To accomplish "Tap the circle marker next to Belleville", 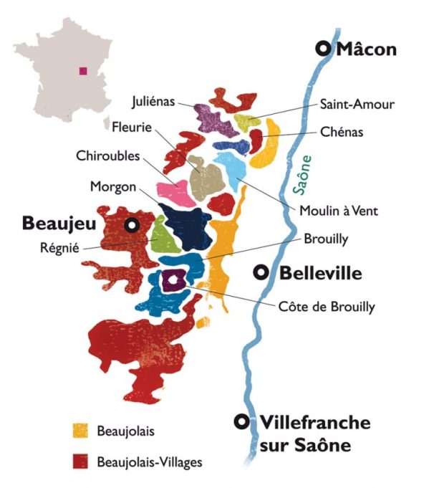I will [262, 272].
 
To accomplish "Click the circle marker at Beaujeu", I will [131, 224].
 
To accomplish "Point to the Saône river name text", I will [304, 173].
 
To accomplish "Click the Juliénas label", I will [154, 100].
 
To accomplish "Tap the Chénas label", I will [342, 132].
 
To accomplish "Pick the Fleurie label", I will [132, 128].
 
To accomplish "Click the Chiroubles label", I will [108, 156].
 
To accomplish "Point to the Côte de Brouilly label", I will [327, 307].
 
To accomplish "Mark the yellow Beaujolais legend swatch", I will [80, 430].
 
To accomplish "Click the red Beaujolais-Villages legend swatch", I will [80, 461].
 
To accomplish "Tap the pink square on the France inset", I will [84, 70].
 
